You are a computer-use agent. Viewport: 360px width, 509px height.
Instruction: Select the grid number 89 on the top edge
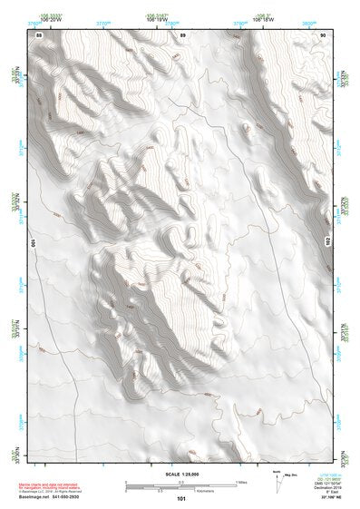click(x=182, y=34)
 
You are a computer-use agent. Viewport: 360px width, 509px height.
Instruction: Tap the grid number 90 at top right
click(x=323, y=34)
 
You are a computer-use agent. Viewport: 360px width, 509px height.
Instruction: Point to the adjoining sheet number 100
click(x=34, y=243)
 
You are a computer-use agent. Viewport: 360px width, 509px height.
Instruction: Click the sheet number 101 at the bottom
click(x=181, y=498)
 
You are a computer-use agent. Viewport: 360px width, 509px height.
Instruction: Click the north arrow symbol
click(x=276, y=478)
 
